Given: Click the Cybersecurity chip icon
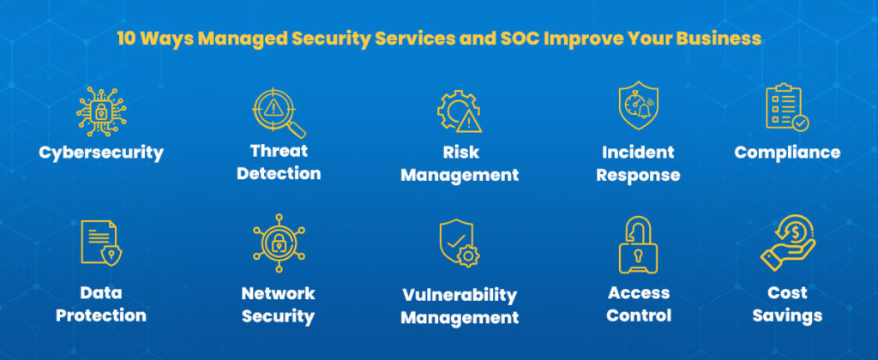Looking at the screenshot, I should (101, 111).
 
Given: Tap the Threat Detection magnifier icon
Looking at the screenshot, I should (279, 111).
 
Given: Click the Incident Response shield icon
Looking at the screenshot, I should (639, 107).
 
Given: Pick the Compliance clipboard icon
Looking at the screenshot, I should (786, 108).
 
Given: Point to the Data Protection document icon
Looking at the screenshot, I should (101, 242).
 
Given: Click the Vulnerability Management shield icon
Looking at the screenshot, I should (460, 243).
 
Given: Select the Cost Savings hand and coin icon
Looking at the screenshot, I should (787, 243).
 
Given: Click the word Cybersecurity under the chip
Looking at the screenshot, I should (101, 153).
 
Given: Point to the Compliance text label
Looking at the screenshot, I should (787, 153).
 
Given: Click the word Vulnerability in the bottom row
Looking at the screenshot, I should (460, 295).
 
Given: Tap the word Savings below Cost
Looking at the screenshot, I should (787, 315).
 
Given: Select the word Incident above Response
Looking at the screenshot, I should (638, 153).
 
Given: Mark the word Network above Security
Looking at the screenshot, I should (278, 293).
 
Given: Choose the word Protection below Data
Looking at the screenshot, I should (101, 315).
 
